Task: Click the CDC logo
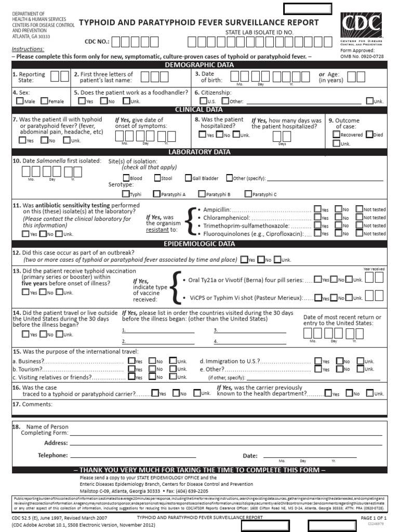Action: [361, 25]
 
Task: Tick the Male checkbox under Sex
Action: [20, 101]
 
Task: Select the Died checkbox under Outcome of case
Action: [369, 135]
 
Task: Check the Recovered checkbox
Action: [336, 135]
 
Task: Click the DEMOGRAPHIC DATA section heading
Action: [199, 65]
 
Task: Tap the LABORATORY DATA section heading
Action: [199, 152]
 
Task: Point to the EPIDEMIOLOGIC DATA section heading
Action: [199, 244]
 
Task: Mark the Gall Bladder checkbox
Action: [188, 178]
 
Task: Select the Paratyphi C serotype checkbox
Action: [248, 194]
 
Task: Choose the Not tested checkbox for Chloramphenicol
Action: [359, 217]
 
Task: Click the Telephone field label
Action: [52, 455]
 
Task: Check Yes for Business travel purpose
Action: [131, 361]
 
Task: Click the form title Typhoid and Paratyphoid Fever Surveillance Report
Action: [199, 22]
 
